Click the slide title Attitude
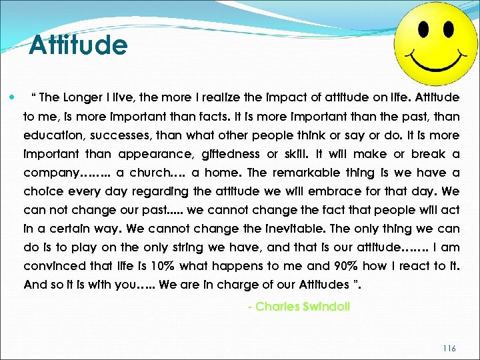[x=78, y=45]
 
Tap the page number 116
[x=449, y=349]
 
